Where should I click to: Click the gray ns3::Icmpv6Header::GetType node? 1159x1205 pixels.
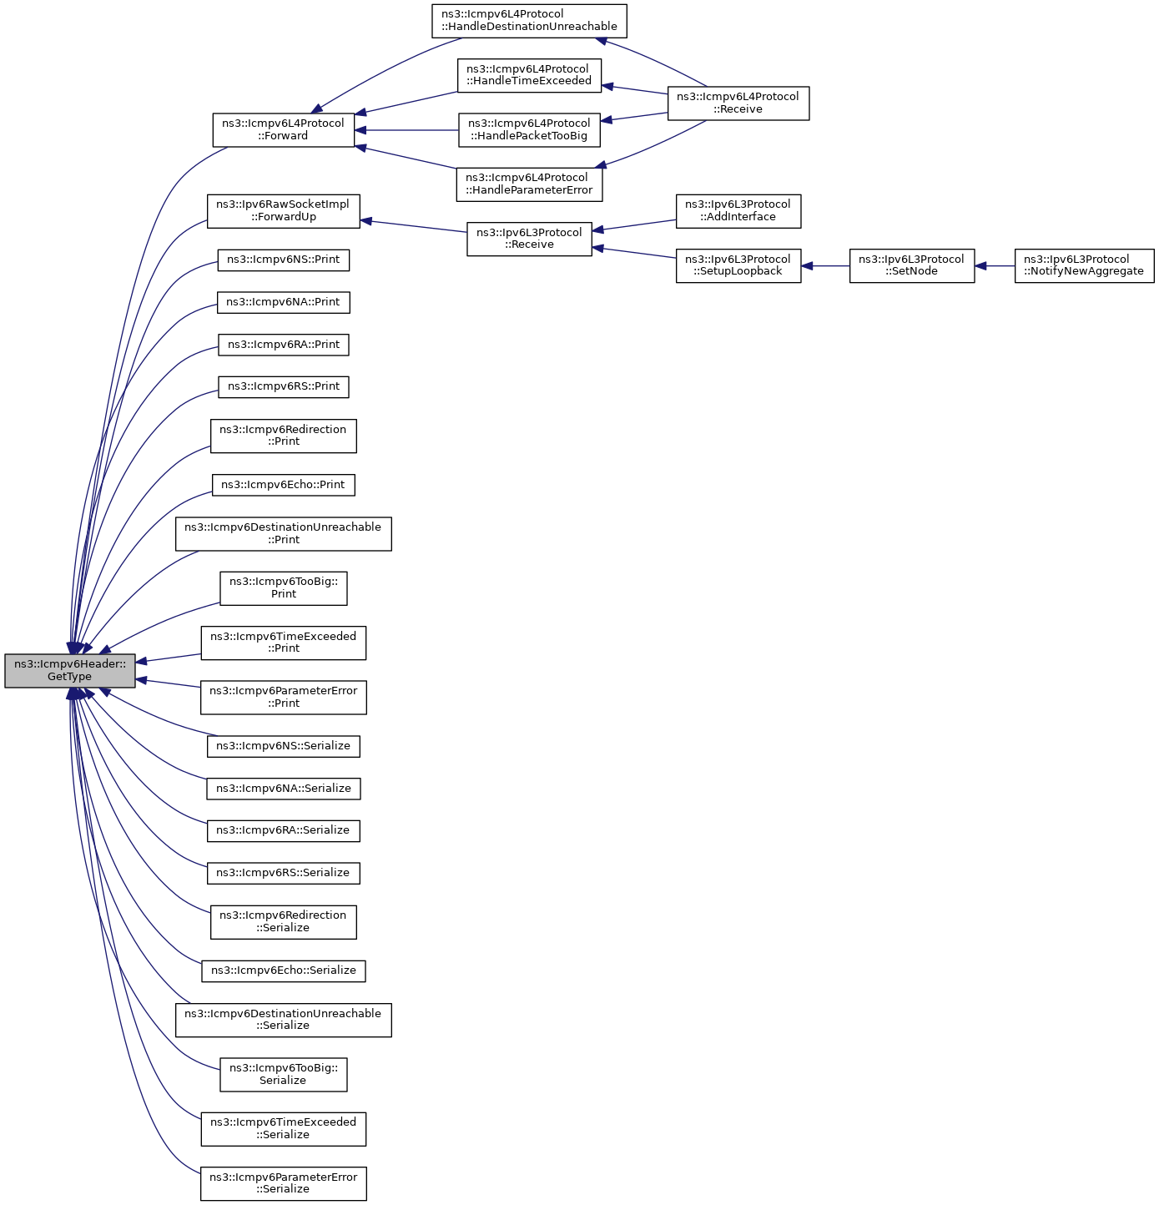tap(70, 670)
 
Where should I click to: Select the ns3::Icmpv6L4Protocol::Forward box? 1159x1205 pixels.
tap(284, 130)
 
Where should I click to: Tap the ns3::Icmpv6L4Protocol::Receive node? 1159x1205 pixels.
tap(738, 103)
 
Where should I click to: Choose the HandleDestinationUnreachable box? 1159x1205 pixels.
tap(529, 20)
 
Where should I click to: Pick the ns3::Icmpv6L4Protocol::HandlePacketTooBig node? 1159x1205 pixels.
tap(529, 130)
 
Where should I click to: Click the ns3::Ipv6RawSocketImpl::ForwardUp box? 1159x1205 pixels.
tap(283, 211)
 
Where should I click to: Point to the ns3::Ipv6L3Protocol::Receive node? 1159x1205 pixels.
tap(529, 239)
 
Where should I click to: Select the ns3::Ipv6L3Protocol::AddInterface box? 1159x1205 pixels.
tap(738, 211)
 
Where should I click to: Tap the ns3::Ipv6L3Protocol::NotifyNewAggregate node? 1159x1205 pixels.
tap(1084, 265)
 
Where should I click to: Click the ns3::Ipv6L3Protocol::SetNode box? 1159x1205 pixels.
tap(911, 265)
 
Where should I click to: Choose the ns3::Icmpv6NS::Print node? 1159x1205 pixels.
tap(283, 260)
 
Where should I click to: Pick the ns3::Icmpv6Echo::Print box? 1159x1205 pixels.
tap(283, 485)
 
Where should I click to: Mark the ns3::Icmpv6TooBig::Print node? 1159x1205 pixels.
tap(283, 588)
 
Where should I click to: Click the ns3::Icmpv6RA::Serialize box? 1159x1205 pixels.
tap(283, 830)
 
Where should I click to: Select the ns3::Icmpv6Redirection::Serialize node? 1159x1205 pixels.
tap(283, 922)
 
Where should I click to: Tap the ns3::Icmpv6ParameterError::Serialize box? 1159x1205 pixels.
tap(283, 1183)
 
